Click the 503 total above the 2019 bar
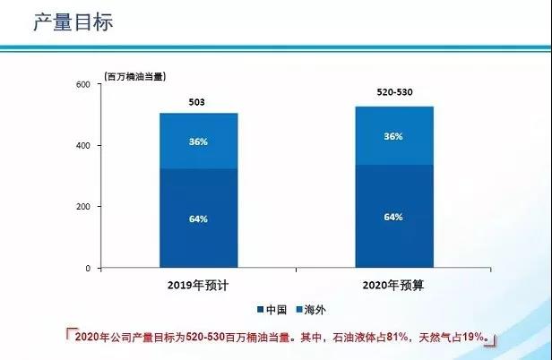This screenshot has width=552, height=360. (197, 103)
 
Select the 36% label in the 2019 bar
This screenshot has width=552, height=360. (197, 141)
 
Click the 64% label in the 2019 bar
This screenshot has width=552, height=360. (197, 218)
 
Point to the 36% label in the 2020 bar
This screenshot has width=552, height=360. (392, 136)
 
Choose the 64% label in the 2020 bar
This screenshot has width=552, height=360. (392, 217)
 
